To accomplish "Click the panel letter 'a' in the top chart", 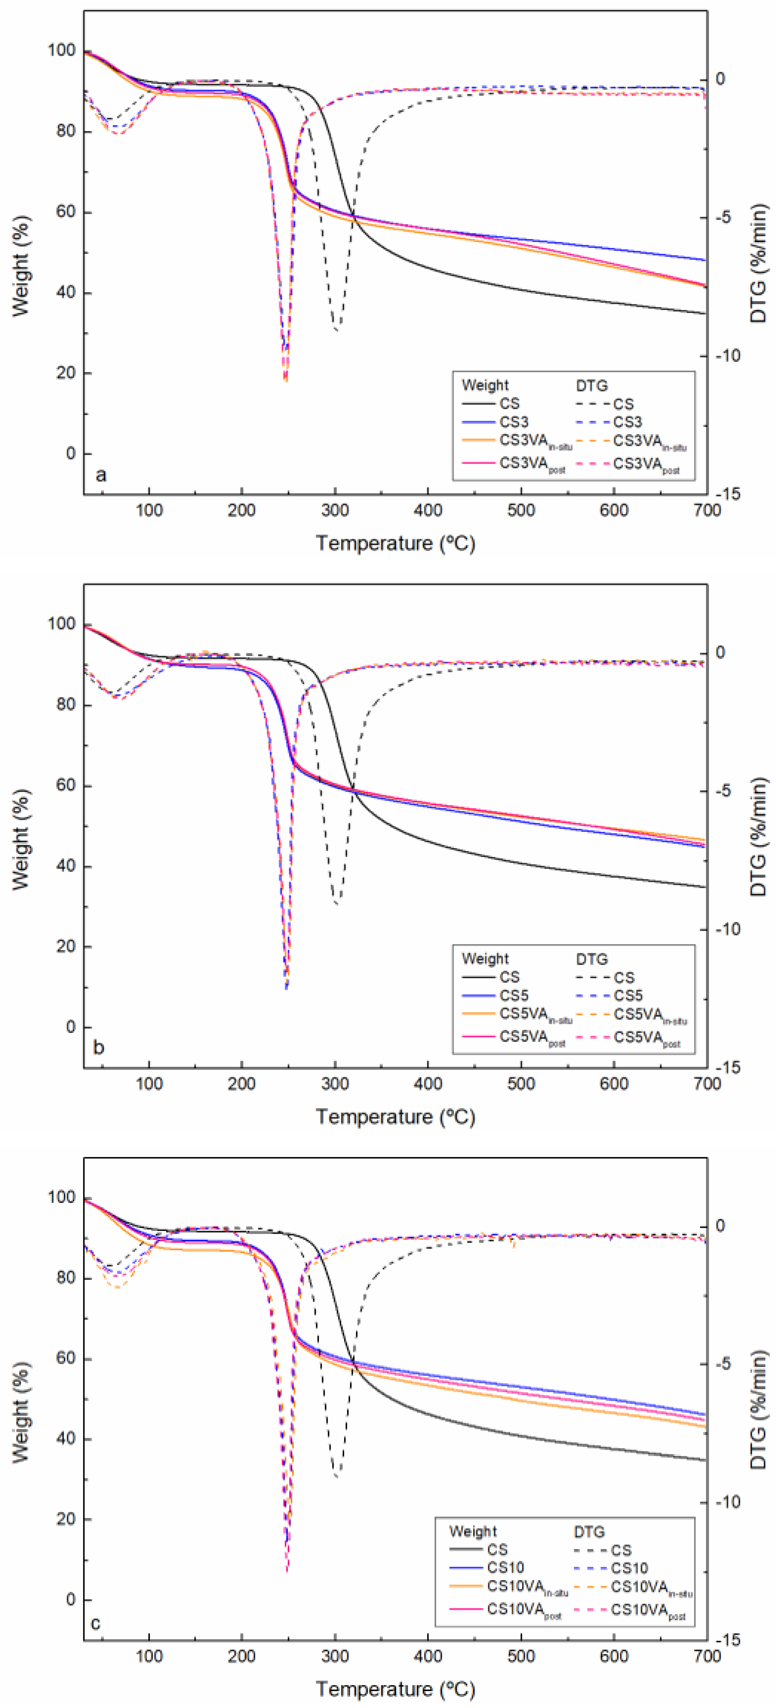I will (100, 475).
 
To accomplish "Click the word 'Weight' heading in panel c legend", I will (472, 1532).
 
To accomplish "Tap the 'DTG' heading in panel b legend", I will (592, 959).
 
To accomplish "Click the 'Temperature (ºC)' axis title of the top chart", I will (395, 543).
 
